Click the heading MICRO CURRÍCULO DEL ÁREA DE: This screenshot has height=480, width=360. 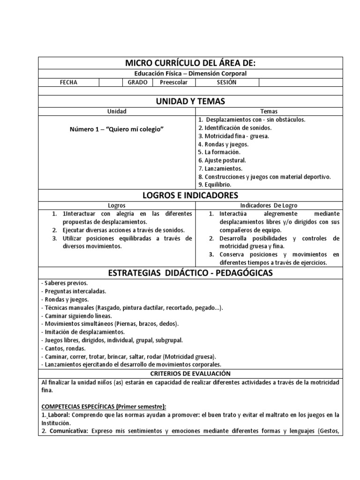tap(190, 63)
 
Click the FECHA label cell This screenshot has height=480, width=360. tap(68, 82)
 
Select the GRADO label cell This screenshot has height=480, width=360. tap(137, 82)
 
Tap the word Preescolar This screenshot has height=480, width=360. tap(173, 82)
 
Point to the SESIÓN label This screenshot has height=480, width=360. tap(226, 82)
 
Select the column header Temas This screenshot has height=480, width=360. tap(269, 112)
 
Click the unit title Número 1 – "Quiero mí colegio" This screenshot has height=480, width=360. tap(117, 129)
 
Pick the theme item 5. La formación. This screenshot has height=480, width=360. tap(219, 152)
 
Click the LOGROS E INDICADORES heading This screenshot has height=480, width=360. tap(190, 195)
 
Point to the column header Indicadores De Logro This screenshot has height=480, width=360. tap(269, 205)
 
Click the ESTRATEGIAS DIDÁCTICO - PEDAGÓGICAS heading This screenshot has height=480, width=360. tap(190, 273)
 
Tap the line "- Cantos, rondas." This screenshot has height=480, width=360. tap(63, 348)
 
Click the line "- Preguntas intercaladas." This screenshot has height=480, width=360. tap(74, 291)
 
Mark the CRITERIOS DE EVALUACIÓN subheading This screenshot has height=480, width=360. tap(190, 374)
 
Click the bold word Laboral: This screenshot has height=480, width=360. tap(60, 415)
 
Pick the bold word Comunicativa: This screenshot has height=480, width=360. tap(67, 431)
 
